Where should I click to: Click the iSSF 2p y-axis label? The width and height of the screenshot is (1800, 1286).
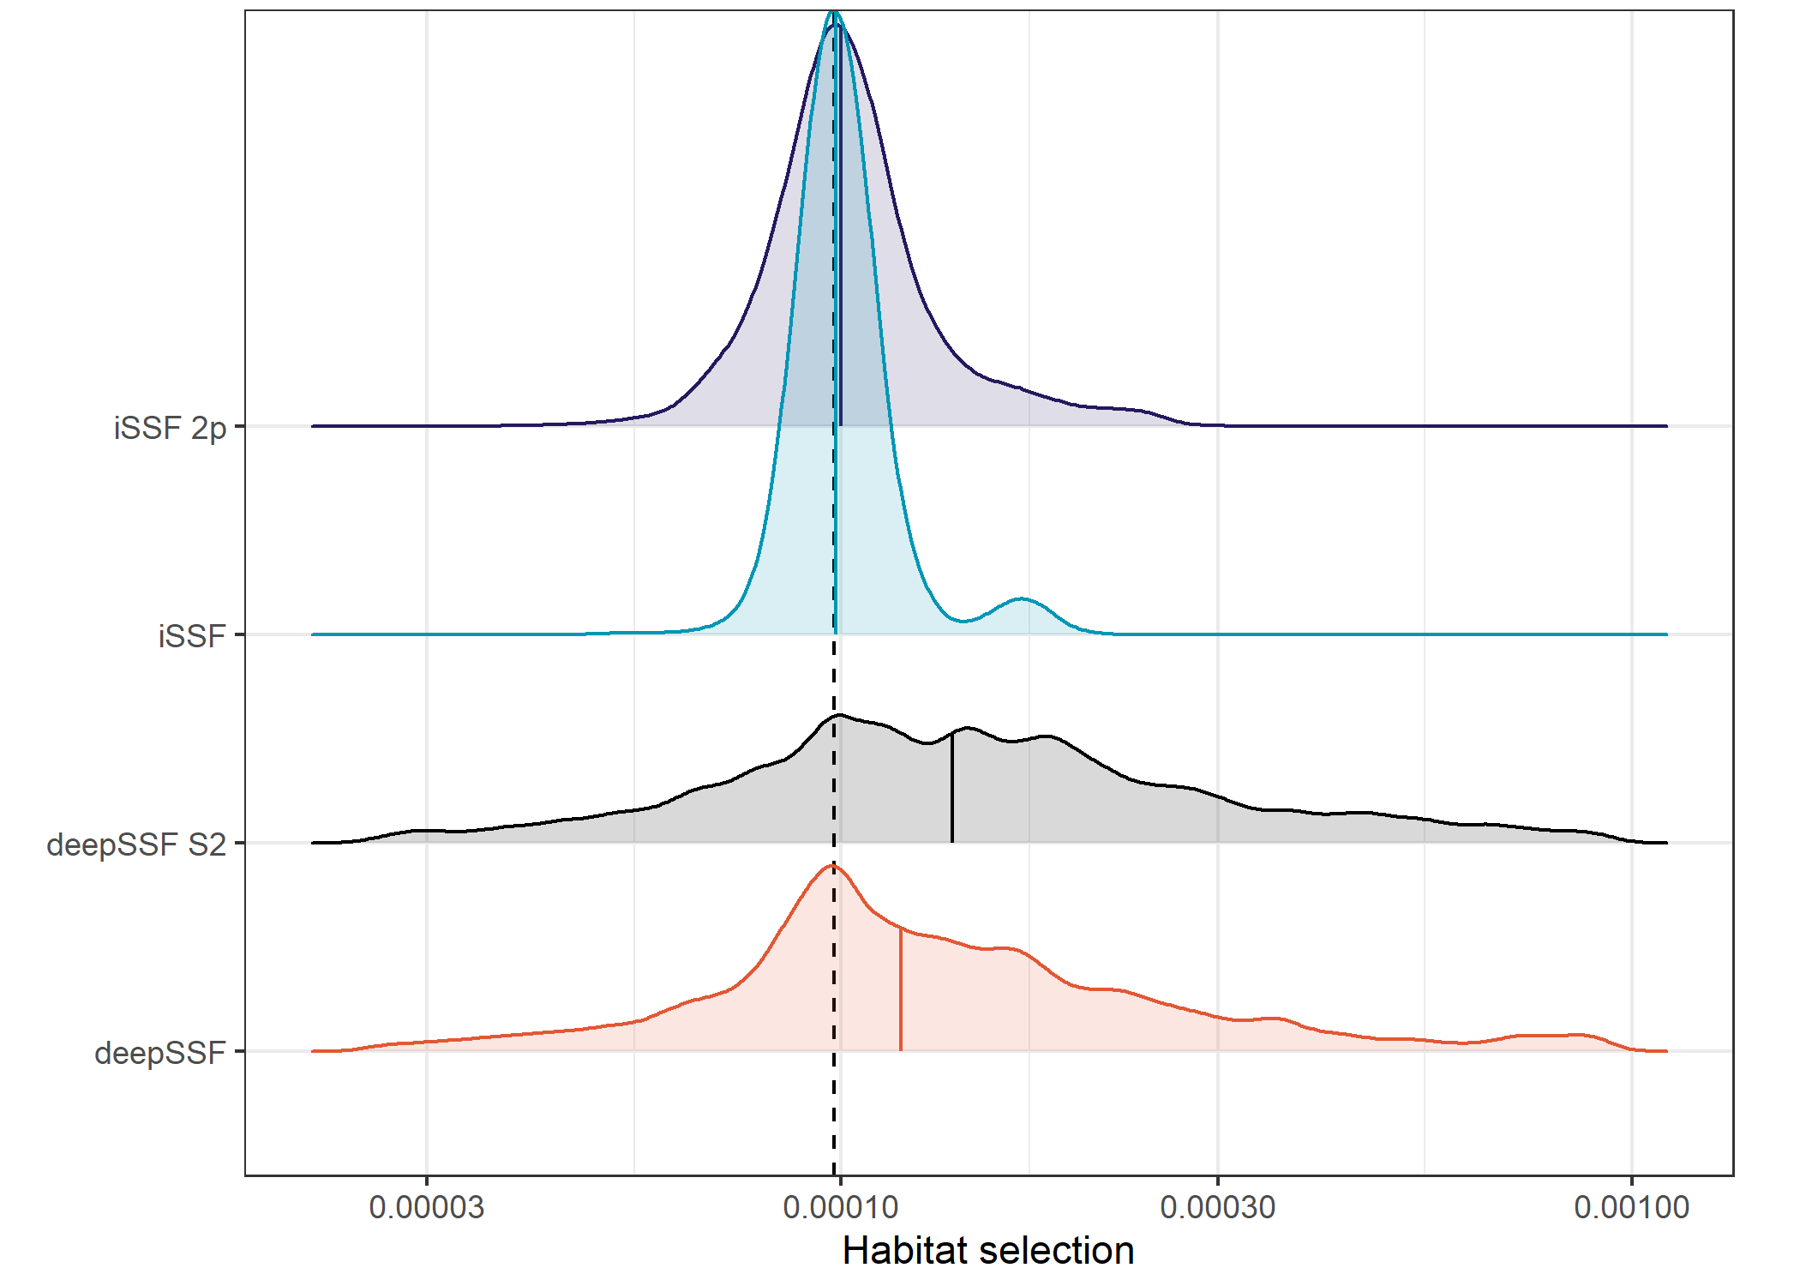point(170,427)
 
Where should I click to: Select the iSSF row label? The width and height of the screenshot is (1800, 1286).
point(192,636)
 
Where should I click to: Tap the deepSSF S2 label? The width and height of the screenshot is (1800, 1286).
point(136,844)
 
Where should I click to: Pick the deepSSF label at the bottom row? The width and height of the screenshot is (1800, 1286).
point(160,1053)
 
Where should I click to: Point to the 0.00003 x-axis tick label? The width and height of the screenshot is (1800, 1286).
point(426,1207)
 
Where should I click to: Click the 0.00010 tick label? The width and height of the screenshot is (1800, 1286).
point(840,1207)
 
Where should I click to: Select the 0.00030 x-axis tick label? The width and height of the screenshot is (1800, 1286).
point(1217,1207)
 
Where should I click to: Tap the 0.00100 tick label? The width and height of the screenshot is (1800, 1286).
point(1631,1207)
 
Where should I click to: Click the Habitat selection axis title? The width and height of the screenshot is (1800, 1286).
point(988,1251)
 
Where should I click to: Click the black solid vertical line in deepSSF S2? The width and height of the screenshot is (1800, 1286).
point(951,789)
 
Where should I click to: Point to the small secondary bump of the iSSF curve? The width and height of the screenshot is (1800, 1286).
point(1020,599)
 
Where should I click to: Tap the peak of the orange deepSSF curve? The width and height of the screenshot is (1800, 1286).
point(831,866)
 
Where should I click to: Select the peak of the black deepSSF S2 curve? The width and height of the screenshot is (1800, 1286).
point(838,715)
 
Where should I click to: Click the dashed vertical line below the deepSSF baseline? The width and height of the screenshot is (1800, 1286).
point(834,1115)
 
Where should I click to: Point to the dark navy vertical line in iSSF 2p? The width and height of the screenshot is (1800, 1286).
point(840,257)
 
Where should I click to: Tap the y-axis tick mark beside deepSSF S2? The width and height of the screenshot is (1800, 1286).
point(240,844)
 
